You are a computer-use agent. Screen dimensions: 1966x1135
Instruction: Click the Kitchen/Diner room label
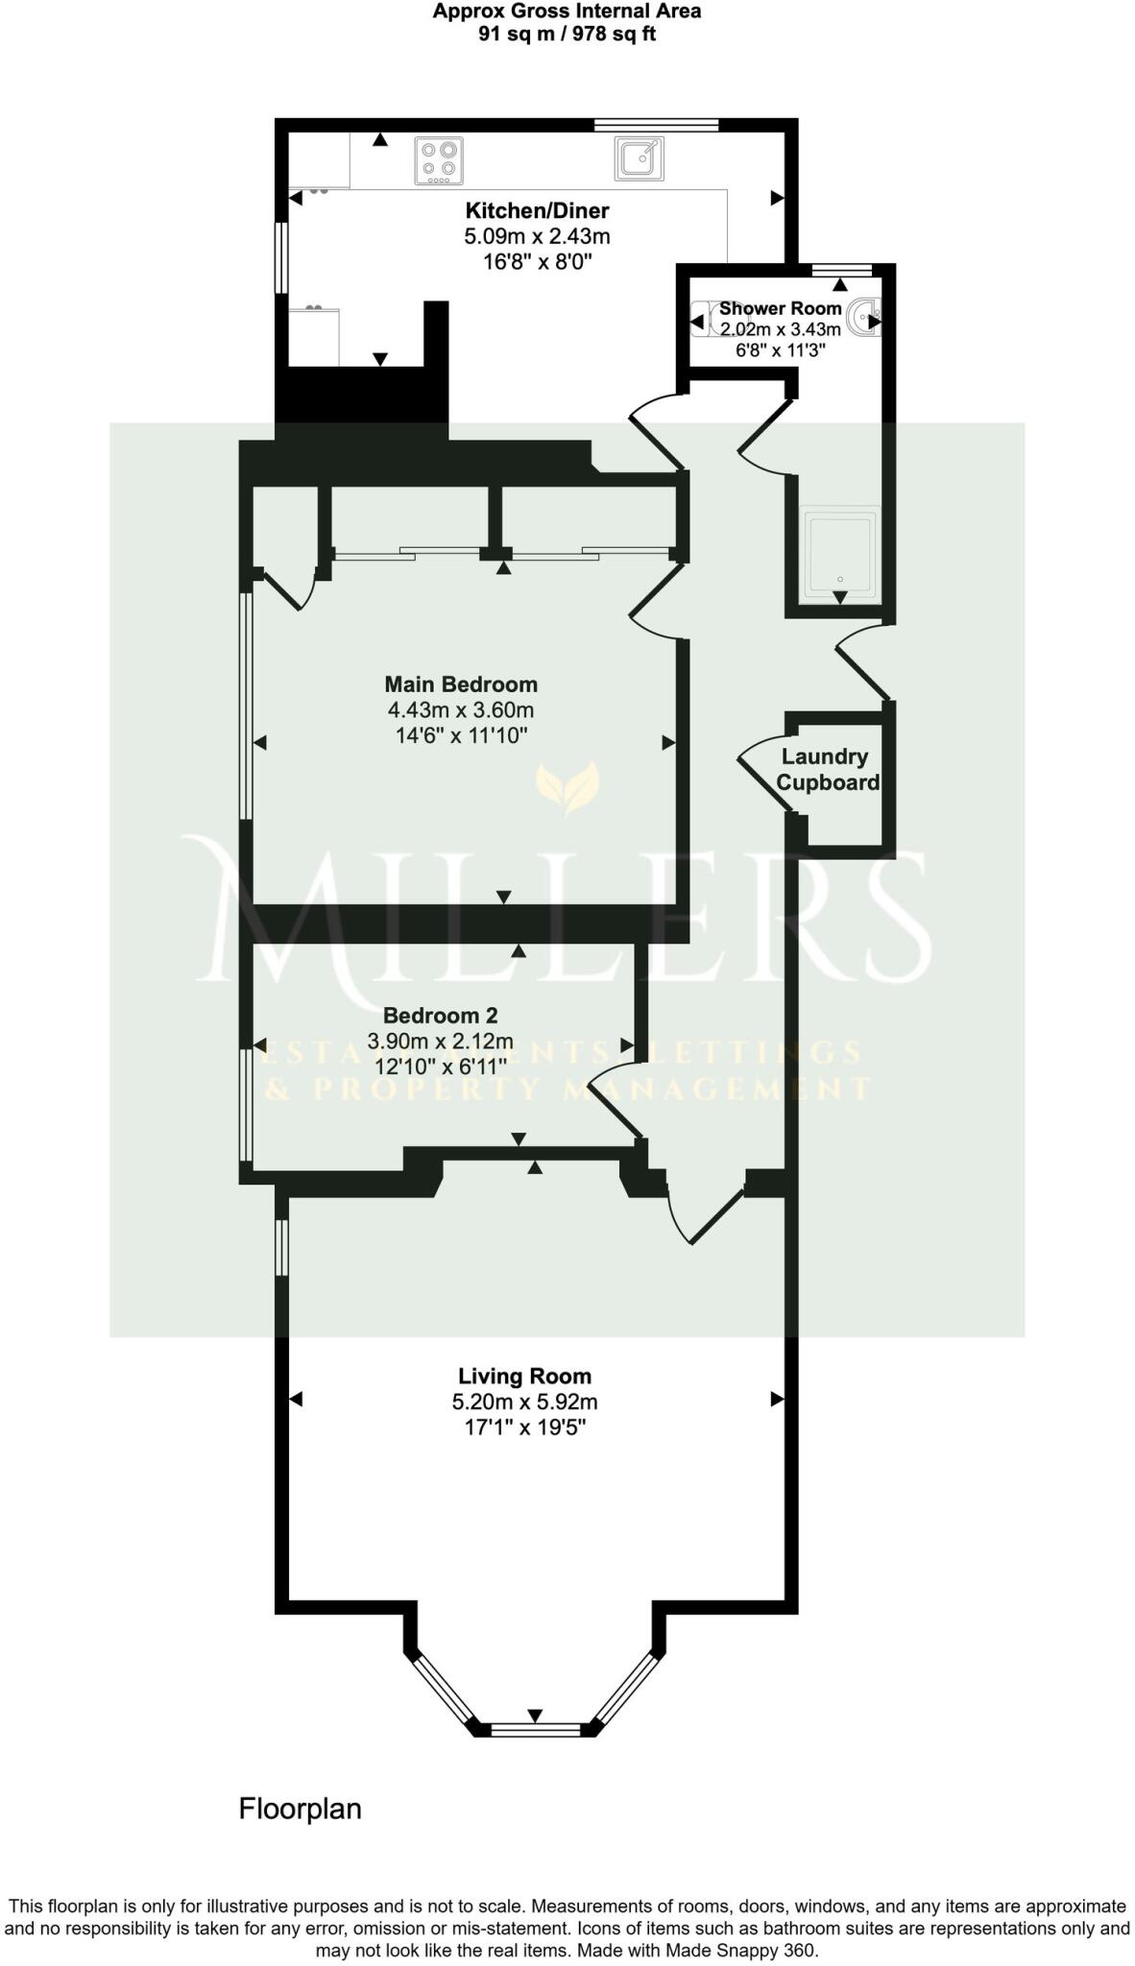[537, 210]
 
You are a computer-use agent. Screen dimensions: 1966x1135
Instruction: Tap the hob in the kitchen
[439, 160]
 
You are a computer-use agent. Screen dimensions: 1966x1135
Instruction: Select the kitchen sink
[639, 158]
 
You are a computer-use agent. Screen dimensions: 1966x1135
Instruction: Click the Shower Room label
[780, 308]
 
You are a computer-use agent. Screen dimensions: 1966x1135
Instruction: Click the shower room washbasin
[863, 315]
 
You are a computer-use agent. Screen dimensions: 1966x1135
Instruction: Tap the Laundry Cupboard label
[827, 769]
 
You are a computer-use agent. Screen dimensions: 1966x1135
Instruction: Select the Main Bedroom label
[461, 684]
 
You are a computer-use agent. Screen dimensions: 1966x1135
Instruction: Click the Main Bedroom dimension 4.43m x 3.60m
[461, 710]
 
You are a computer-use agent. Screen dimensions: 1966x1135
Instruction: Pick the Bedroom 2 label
[440, 1015]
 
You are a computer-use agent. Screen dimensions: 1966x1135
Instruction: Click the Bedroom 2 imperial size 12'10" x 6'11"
[440, 1067]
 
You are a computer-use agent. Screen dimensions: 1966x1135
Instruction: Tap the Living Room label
[524, 1376]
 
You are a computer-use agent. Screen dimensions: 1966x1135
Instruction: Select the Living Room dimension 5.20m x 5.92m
[524, 1402]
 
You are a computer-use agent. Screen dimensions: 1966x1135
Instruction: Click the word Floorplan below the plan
[300, 1809]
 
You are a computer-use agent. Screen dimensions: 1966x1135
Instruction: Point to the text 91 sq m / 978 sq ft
[567, 35]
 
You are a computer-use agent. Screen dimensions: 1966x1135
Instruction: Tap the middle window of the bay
[535, 1729]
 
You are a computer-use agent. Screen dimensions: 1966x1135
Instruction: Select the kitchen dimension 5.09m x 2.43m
[537, 236]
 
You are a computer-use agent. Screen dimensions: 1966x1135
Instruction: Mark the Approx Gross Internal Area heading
[567, 12]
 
